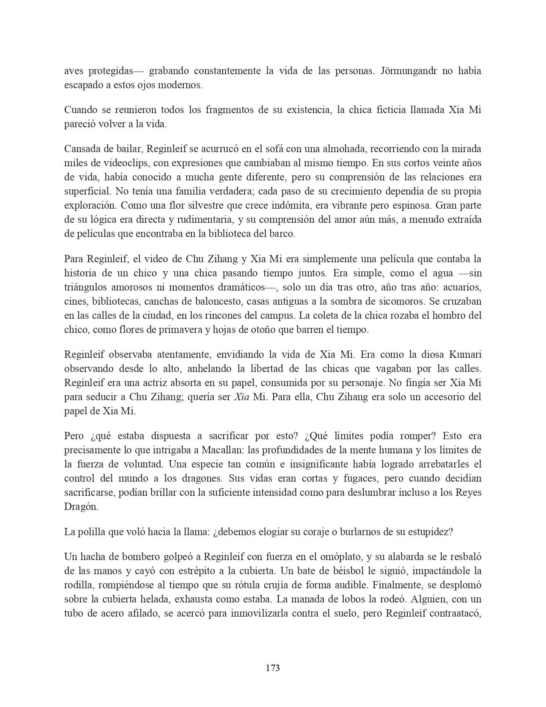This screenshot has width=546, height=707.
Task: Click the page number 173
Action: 273,668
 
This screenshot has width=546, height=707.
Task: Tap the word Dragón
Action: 81,506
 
